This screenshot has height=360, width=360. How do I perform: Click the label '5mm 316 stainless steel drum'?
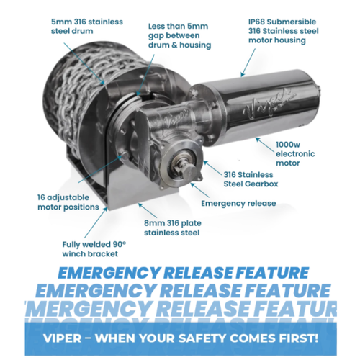87,27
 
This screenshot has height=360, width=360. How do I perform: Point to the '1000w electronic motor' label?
295,154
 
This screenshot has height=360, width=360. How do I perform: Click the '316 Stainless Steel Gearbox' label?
251,179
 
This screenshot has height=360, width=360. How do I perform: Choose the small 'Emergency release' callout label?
238,204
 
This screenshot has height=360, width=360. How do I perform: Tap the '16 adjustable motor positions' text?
68,202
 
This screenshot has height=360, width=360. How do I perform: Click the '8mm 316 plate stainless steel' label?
173,228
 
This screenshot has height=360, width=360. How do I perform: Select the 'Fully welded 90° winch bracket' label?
94,249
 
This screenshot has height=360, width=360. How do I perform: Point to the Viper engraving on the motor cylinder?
268,103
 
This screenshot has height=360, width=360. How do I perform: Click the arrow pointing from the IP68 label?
248,63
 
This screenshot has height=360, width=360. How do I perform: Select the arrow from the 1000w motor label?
265,144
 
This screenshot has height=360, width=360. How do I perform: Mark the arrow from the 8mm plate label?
148,210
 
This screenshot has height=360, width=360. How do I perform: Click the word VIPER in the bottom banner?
63,338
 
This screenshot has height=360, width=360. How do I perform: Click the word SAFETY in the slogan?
202,338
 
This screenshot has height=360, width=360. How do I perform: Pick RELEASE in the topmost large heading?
198,273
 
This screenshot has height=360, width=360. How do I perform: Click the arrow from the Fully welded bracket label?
96,222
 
